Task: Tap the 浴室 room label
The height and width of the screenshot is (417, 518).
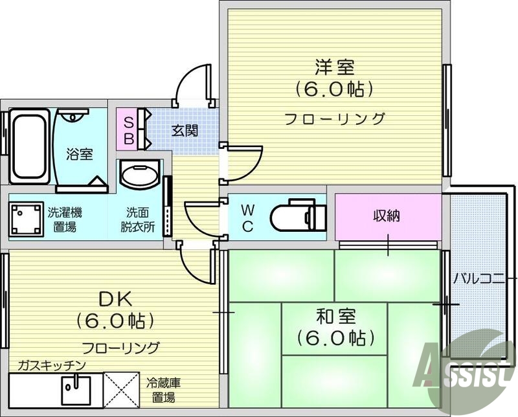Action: point(80,154)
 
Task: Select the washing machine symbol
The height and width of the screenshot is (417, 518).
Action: point(26,219)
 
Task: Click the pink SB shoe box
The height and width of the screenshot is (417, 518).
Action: point(128,130)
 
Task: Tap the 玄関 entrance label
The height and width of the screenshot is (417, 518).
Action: point(185,130)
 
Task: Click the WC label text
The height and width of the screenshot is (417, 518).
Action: point(248,217)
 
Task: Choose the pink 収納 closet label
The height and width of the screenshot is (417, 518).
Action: point(387,216)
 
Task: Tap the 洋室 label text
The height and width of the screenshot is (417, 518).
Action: point(335,67)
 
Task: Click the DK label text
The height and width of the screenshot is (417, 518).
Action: point(115,300)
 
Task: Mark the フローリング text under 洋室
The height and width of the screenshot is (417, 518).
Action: point(335,118)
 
